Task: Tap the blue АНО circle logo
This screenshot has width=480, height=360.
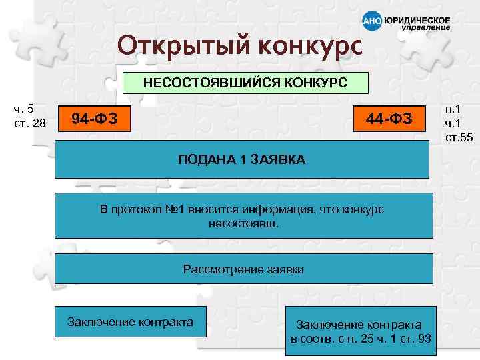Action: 371,21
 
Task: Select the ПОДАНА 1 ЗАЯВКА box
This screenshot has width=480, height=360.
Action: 241,159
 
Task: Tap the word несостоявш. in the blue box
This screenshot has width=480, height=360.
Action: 243,223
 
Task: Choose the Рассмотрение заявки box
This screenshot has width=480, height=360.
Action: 243,270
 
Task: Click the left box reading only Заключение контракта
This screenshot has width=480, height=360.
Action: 131,322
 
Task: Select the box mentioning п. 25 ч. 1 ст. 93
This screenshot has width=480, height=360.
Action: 359,331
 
